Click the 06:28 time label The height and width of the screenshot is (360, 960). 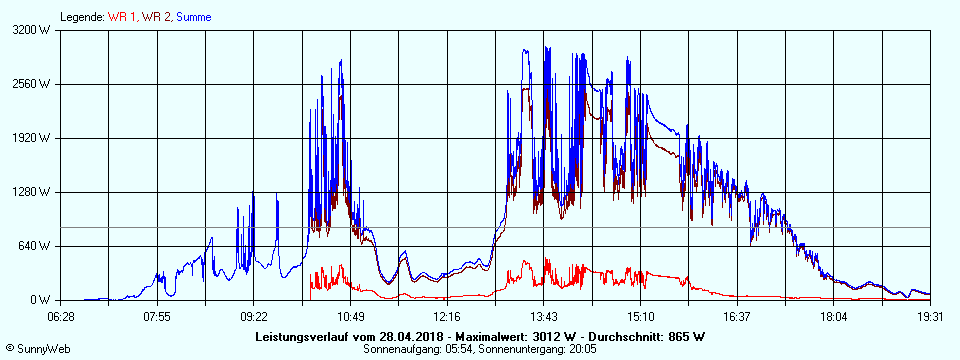(x=61, y=317)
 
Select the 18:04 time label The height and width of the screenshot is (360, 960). (x=833, y=317)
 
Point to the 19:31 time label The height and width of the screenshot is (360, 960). (x=930, y=317)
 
